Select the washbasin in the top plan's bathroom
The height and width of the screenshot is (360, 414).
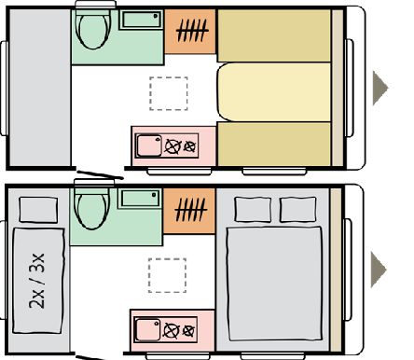[x=141, y=20]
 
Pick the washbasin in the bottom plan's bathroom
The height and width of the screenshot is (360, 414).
[x=140, y=199]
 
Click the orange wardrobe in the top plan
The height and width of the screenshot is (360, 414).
[x=190, y=32]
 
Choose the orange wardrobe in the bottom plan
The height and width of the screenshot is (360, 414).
[x=189, y=211]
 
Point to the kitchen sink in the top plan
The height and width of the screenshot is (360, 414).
[x=149, y=145]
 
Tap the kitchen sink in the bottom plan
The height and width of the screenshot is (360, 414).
[x=148, y=329]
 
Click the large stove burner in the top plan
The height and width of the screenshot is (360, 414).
[x=173, y=146]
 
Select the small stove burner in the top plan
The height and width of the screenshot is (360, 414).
[x=189, y=146]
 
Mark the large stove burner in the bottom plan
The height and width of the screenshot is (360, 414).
[x=172, y=330]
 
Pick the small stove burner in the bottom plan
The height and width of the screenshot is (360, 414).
[x=188, y=331]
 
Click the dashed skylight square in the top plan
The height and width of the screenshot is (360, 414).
[x=169, y=93]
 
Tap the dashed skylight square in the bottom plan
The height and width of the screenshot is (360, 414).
[x=167, y=275]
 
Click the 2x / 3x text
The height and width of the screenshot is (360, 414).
[x=36, y=281]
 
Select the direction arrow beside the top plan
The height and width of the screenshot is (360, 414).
[x=380, y=88]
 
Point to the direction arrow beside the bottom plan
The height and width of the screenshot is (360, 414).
[x=379, y=270]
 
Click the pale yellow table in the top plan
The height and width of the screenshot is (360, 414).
[x=274, y=92]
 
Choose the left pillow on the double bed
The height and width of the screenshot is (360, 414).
[x=253, y=210]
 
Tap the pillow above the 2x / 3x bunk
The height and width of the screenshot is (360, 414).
[x=38, y=210]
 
